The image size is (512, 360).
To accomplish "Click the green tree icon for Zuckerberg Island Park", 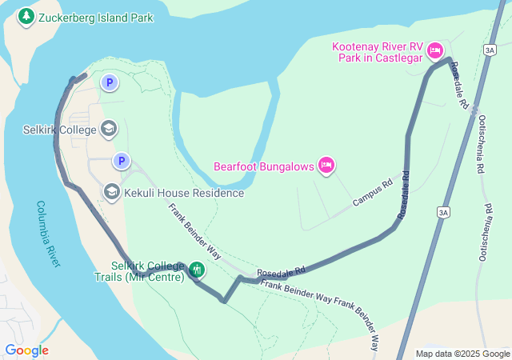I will (26, 16).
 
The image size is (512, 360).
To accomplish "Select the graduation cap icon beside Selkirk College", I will (108, 129).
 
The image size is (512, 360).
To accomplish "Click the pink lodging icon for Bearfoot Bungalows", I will (326, 166).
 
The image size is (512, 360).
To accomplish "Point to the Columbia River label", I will (49, 234).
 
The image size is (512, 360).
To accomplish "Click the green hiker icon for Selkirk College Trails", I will (196, 270).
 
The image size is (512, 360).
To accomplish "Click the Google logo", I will (26, 350).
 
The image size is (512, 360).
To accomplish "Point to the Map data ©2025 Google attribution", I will (462, 354).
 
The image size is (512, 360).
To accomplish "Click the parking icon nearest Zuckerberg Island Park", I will (109, 82).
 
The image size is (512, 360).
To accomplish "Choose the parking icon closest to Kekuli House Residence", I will (120, 162).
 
